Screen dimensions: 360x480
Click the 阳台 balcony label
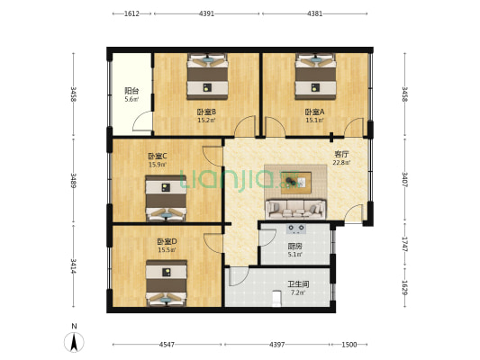(x=131, y=91)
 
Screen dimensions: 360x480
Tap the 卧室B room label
(x=206, y=112)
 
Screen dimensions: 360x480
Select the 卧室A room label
(x=314, y=112)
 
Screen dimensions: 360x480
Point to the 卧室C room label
(x=158, y=156)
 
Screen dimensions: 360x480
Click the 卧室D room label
(x=167, y=241)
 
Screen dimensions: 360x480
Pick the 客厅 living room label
(x=341, y=155)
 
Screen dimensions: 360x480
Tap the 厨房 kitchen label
(x=294, y=246)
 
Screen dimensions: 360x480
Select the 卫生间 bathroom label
(x=298, y=284)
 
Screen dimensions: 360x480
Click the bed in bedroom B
(x=208, y=76)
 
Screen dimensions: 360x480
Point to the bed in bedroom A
(x=315, y=76)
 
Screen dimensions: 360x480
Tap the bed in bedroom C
(x=166, y=199)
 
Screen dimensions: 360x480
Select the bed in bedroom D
(x=167, y=283)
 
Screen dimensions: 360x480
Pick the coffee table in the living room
(x=295, y=184)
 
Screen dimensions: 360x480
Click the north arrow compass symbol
(x=74, y=341)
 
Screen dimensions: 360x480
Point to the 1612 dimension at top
(x=131, y=13)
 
